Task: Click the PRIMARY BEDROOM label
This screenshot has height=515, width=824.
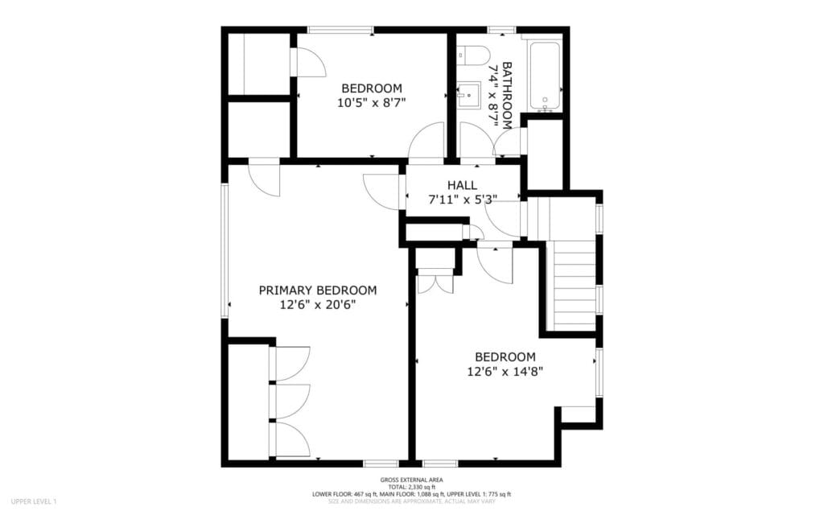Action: point(317,290)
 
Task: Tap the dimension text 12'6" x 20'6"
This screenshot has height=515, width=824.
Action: point(317,305)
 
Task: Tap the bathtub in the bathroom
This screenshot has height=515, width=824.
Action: point(545,76)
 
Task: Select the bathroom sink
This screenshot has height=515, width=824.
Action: point(469,95)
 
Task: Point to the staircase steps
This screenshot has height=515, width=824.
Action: point(572,286)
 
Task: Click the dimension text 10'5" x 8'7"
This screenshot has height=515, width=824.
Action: point(372,102)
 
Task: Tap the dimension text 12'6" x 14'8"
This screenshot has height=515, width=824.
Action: point(505,372)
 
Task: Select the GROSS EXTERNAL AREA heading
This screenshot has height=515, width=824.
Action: point(412,480)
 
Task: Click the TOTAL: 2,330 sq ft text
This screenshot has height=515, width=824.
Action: point(412,487)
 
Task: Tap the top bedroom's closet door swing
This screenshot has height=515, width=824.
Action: point(308,63)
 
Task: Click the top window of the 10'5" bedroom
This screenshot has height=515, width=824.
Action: point(340,30)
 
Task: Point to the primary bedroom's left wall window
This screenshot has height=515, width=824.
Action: point(225,249)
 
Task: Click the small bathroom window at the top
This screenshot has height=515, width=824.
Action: point(501,30)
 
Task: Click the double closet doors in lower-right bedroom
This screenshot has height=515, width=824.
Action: point(435,284)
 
